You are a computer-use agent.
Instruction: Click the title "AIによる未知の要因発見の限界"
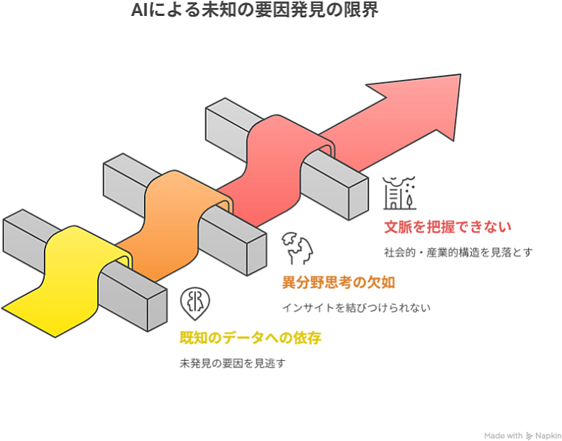tap(254, 11)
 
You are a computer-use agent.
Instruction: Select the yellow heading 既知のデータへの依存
tap(250, 338)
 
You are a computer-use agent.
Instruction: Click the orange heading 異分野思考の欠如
tap(338, 281)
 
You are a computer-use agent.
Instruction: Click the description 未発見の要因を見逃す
tap(232, 363)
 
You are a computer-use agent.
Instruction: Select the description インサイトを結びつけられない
tap(356, 307)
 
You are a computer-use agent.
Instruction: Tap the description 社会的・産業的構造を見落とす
tap(462, 253)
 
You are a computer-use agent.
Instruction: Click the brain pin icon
tap(194, 304)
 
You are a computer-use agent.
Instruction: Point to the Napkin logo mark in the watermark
tap(530, 435)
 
